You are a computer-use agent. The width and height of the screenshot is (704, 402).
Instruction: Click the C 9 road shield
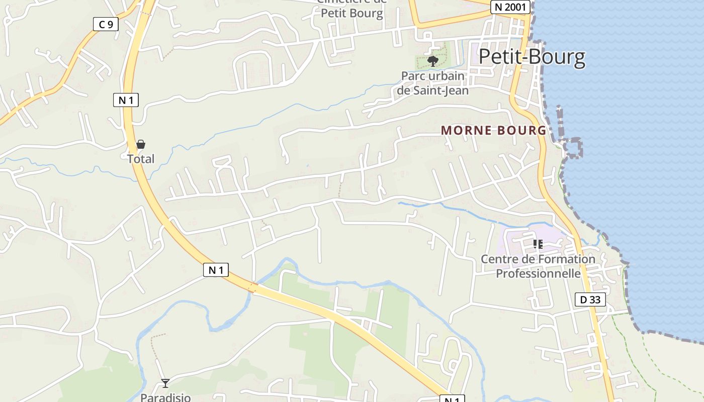tap(106, 24)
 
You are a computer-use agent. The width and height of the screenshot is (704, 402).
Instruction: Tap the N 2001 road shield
tap(510, 7)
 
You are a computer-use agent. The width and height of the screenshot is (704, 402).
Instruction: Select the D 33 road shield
tap(590, 300)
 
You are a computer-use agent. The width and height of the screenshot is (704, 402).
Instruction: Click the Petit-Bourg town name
tap(532, 57)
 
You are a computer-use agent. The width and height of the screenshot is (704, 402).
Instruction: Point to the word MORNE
tap(466, 131)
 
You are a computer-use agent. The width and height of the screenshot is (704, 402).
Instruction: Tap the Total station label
tap(141, 159)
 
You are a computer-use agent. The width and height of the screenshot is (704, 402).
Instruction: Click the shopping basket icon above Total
tap(141, 145)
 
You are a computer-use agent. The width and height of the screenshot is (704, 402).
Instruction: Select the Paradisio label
tap(165, 397)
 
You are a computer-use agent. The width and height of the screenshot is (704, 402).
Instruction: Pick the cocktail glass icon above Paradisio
tap(165, 383)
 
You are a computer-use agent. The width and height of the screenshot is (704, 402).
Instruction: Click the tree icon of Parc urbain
tap(432, 61)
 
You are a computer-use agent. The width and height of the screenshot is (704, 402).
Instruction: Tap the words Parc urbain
tap(433, 76)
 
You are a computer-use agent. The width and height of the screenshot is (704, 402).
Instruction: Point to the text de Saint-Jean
tap(433, 90)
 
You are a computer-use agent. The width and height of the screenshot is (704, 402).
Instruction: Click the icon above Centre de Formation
tap(538, 245)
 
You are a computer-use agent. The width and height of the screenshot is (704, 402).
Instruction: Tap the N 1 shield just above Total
tap(125, 100)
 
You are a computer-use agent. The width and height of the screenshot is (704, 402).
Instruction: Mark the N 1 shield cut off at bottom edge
tap(452, 399)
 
